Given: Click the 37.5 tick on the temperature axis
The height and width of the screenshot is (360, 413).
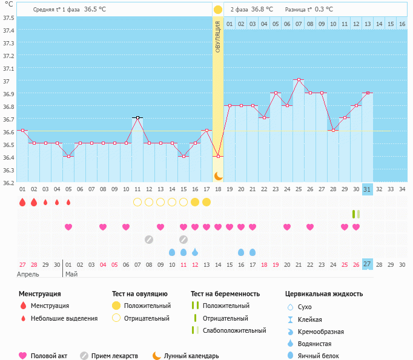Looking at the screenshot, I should [8, 18].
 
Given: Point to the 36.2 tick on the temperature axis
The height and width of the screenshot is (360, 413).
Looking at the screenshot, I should [8, 182].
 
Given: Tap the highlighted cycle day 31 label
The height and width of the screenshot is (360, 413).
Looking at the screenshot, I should [367, 189].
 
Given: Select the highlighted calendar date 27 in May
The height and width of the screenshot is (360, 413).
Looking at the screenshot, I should [367, 264].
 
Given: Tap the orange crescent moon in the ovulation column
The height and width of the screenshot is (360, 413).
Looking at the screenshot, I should [218, 175].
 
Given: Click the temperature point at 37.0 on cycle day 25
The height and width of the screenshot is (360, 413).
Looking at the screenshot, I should [298, 79].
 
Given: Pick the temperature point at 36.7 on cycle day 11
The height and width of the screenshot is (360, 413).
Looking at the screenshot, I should [137, 117].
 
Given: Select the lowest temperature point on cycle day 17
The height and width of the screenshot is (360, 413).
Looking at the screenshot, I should [218, 156].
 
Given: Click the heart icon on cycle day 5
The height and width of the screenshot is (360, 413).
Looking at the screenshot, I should [68, 227].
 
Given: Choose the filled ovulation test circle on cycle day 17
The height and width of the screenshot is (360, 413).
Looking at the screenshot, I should [206, 202].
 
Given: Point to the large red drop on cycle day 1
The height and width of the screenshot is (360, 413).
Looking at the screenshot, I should [22, 202].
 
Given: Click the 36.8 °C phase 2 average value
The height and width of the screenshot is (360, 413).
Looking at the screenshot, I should [262, 9].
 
